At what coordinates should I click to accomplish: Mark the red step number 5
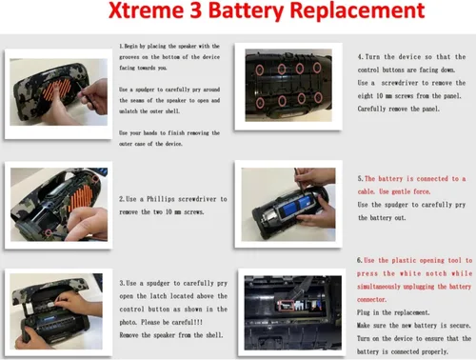pyautogui.click(x=359, y=179)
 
